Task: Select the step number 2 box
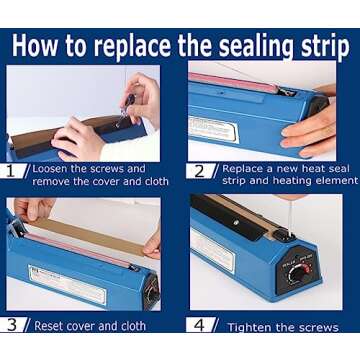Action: (200, 170)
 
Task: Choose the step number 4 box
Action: (200, 324)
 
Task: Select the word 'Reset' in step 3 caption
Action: (52, 325)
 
